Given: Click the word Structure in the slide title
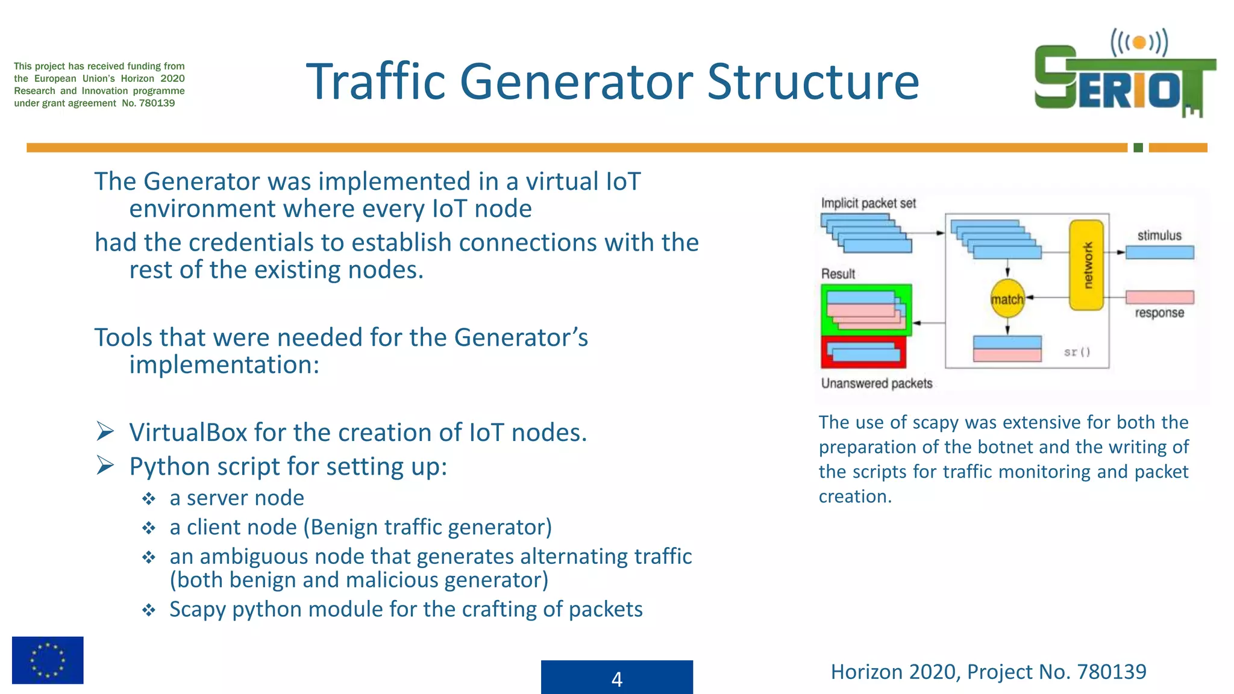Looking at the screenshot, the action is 813,82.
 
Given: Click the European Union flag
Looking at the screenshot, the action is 48,660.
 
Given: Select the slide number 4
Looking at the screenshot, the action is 616,679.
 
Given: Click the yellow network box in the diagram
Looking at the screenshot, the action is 1086,265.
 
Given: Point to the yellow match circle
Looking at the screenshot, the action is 1007,299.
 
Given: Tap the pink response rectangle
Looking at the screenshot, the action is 1159,297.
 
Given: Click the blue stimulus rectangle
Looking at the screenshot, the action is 1159,252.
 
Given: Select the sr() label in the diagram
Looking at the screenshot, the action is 1077,352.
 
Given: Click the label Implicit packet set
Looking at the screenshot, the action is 868,204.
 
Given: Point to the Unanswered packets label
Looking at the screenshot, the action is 876,383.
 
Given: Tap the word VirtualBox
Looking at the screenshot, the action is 187,433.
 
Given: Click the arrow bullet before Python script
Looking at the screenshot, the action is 105,466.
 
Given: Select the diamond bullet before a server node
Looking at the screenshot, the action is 149,499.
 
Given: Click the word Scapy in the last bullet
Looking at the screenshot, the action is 197,610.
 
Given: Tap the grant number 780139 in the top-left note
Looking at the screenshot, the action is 157,103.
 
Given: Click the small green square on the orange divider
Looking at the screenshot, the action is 1138,148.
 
